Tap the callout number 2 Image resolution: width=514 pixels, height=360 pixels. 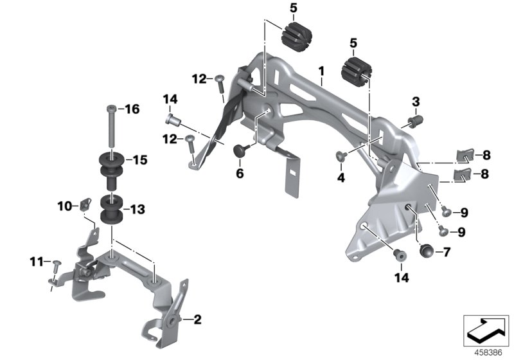(x=197, y=319)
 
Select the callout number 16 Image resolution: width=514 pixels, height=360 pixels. (x=132, y=109)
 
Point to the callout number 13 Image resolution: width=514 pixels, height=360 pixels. (x=137, y=209)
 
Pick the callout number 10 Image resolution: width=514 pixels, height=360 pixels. (x=63, y=206)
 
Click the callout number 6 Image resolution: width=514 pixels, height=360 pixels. (x=240, y=173)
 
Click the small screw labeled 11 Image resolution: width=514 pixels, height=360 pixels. (x=55, y=264)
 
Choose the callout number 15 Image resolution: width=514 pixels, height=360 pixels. (x=139, y=159)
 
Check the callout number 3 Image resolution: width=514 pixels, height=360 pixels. (x=416, y=102)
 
